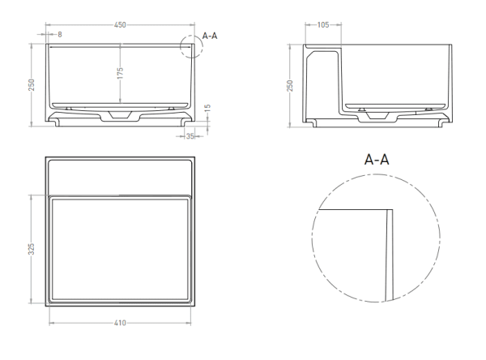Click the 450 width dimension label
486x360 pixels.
pos(120,25)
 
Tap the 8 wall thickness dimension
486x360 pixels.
pos(60,34)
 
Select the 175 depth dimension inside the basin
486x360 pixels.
pos(120,73)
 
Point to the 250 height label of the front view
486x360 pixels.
pos(32,85)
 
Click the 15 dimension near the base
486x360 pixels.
pos(207,108)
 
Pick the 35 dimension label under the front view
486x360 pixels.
pos(190,136)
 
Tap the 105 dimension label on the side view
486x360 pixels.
pos(323,25)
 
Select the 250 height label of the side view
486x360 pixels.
pos(290,86)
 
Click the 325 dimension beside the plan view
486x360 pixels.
pos(32,249)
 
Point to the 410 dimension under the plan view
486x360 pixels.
pos(120,323)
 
